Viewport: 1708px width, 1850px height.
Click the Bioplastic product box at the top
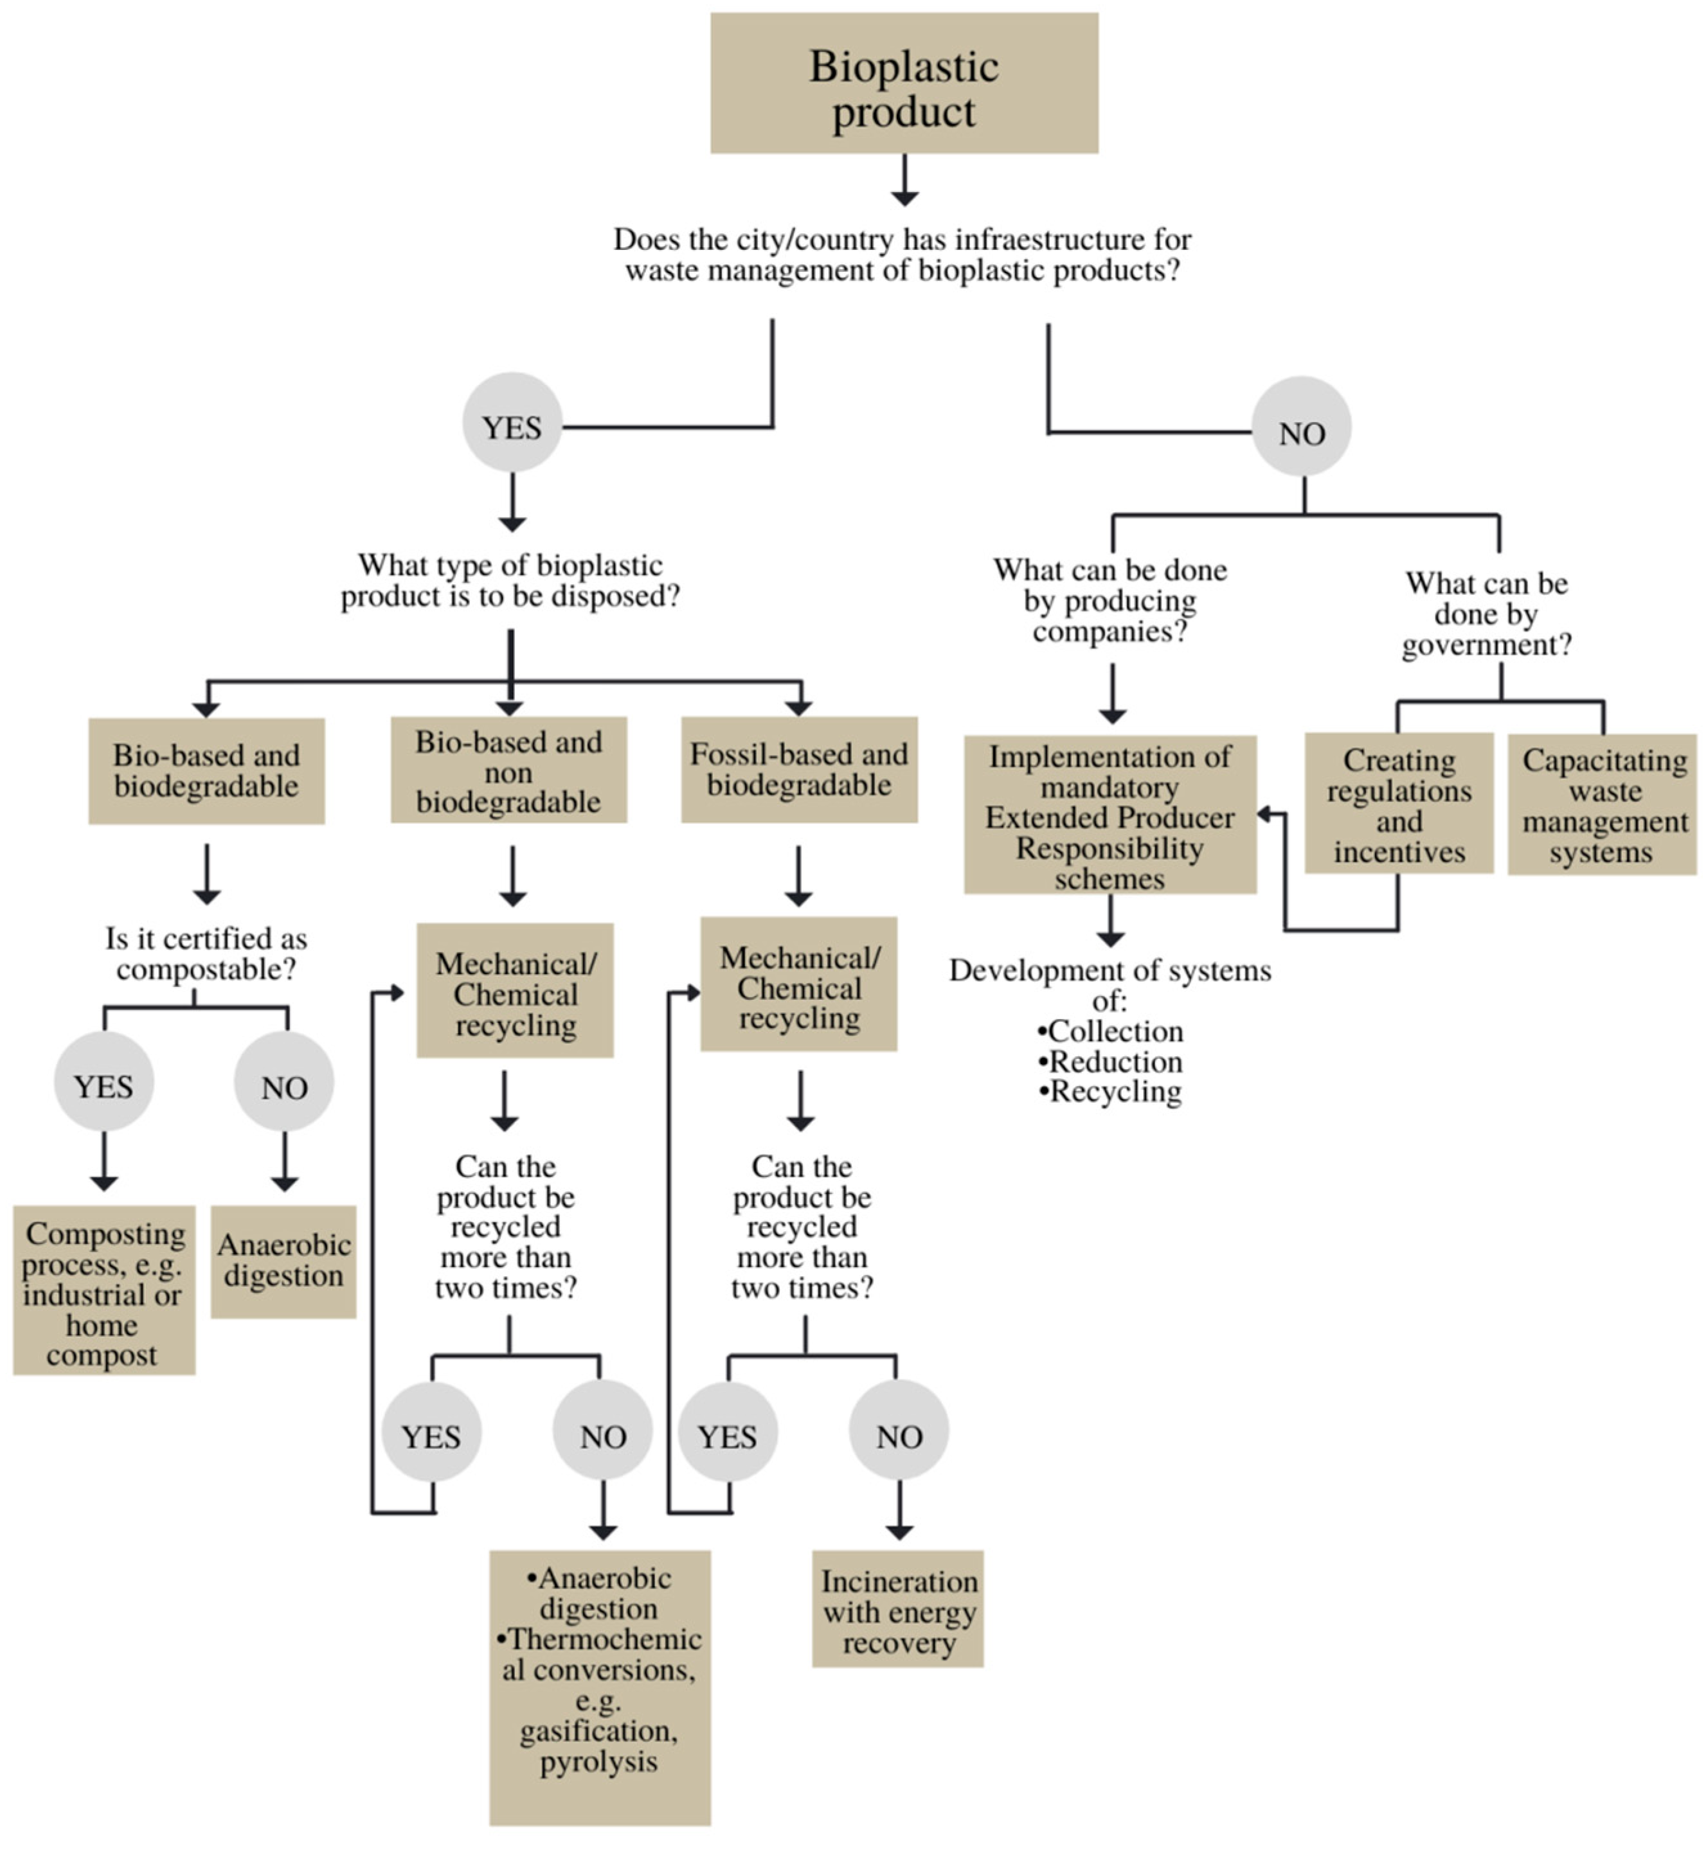(904, 83)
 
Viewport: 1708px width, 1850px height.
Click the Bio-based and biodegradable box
(206, 770)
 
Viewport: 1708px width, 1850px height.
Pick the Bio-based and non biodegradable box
(508, 770)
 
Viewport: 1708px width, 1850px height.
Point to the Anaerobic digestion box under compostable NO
(283, 1261)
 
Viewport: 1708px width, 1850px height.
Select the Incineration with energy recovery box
(899, 1612)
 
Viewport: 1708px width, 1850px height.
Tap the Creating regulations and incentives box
(1398, 804)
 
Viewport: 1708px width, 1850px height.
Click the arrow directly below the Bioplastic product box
(905, 180)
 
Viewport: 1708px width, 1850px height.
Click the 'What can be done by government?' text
(1486, 614)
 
